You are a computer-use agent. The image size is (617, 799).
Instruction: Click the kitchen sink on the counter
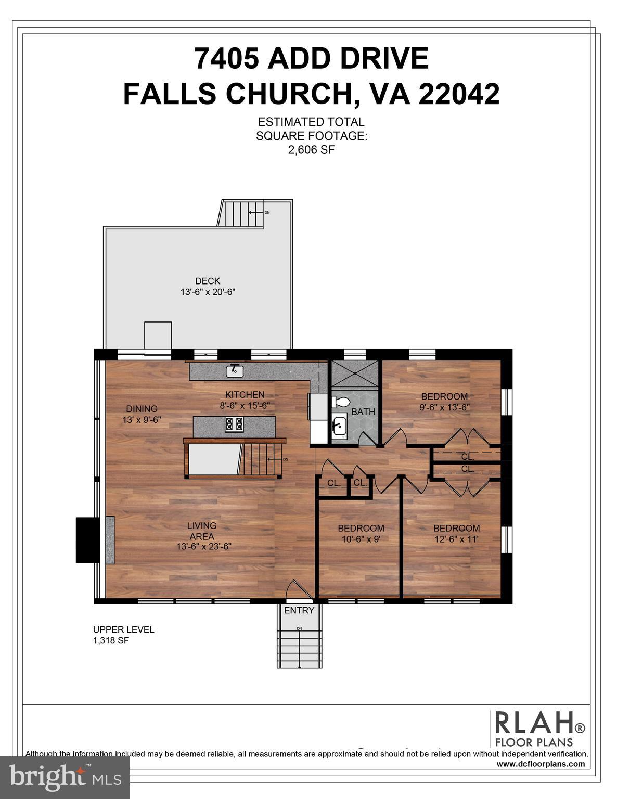click(x=235, y=371)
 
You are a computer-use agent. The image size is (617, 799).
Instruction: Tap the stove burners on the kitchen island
click(x=234, y=424)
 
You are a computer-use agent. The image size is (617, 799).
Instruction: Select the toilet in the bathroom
click(x=341, y=402)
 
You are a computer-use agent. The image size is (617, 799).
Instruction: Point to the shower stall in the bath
click(x=354, y=372)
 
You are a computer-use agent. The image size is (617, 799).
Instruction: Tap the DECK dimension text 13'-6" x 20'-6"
click(x=208, y=292)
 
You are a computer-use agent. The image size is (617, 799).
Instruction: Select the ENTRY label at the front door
click(x=299, y=610)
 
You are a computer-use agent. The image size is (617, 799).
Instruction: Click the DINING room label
click(x=142, y=409)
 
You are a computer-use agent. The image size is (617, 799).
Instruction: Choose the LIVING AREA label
click(x=202, y=531)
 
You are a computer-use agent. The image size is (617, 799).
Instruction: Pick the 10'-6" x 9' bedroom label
click(x=361, y=539)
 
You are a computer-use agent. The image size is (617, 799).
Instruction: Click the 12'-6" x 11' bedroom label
click(x=456, y=539)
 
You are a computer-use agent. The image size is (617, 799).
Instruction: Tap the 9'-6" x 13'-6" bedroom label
click(x=444, y=407)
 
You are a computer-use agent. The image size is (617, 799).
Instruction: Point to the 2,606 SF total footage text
click(x=311, y=150)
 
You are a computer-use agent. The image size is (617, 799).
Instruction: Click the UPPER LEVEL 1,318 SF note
click(x=123, y=635)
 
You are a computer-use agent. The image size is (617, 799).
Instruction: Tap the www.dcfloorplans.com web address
click(x=541, y=764)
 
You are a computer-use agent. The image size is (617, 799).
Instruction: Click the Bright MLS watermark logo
click(x=65, y=778)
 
